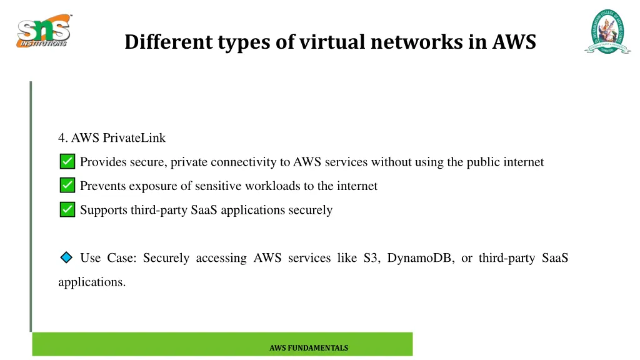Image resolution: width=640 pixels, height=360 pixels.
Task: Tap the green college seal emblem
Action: pyautogui.click(x=607, y=31)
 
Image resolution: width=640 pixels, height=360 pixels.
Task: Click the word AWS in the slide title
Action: pyautogui.click(x=514, y=42)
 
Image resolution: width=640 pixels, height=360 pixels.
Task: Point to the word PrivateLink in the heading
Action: pyautogui.click(x=134, y=137)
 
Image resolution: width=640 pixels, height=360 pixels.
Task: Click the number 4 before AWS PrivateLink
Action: pyautogui.click(x=61, y=137)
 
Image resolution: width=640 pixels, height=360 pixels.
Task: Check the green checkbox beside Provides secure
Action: pyautogui.click(x=67, y=162)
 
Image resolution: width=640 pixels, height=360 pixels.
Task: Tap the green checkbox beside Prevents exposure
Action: pyautogui.click(x=67, y=186)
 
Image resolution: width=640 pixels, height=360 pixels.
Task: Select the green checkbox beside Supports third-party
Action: pyautogui.click(x=67, y=210)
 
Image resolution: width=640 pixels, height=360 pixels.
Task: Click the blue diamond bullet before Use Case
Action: pyautogui.click(x=66, y=257)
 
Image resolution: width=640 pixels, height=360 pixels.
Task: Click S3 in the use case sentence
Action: pyautogui.click(x=371, y=258)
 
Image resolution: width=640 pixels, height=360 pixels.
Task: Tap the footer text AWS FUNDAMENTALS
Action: pyautogui.click(x=309, y=348)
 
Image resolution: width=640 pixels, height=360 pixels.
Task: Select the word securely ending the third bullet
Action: pyautogui.click(x=310, y=211)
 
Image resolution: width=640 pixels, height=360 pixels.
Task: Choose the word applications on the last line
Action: pyautogui.click(x=91, y=282)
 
